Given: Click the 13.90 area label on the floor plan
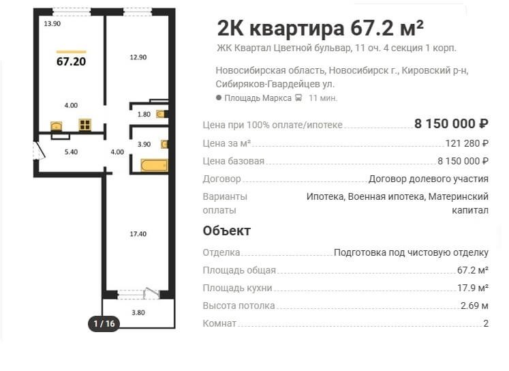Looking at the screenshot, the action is coord(52,23).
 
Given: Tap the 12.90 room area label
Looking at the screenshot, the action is coord(138,57).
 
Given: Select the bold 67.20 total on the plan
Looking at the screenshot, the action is coord(71,61).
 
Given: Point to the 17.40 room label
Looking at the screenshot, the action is coord(138,234).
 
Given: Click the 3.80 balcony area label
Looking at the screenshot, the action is coord(138,313).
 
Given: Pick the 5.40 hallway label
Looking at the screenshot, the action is coord(71,151).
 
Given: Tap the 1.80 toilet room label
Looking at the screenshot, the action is coord(144,115).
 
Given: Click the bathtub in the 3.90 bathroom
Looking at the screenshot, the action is coord(154,165).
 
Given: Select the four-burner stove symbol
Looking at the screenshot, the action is coord(85,125).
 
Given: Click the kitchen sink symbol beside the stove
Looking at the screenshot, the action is coord(57,126).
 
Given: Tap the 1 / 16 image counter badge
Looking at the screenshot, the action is coord(104,323).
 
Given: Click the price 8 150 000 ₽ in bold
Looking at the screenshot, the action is coord(451,123).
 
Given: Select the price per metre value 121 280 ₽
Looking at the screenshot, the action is coord(467,143).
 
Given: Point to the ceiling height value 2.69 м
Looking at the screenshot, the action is coord(475,306).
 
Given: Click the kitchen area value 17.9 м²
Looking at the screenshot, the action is coord(473,288).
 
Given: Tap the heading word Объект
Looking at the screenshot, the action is coord(227,231).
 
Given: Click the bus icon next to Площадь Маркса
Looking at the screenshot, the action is coord(298,98).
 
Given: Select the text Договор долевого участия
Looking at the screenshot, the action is coord(429,179).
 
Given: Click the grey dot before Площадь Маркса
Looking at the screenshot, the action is coord(219,98).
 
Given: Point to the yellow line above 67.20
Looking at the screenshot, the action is coord(71,52).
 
